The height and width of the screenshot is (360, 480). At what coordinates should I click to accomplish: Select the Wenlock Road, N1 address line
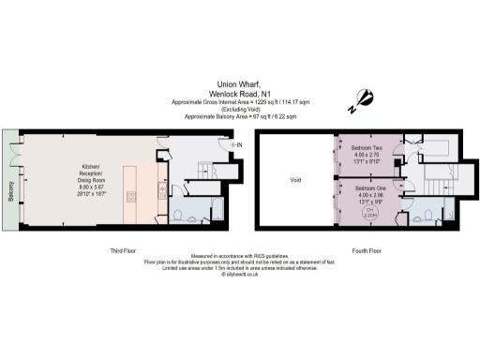click(x=239, y=93)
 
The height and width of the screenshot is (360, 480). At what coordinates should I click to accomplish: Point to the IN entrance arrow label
click(x=239, y=144)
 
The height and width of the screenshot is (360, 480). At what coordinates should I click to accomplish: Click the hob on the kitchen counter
click(x=131, y=196)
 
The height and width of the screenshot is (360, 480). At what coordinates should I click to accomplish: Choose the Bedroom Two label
click(x=366, y=148)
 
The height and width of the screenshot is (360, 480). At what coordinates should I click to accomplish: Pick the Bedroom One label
click(x=366, y=188)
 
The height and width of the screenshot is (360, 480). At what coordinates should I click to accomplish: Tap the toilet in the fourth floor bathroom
click(x=427, y=216)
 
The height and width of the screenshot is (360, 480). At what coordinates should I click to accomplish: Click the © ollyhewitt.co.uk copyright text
click(x=239, y=275)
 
